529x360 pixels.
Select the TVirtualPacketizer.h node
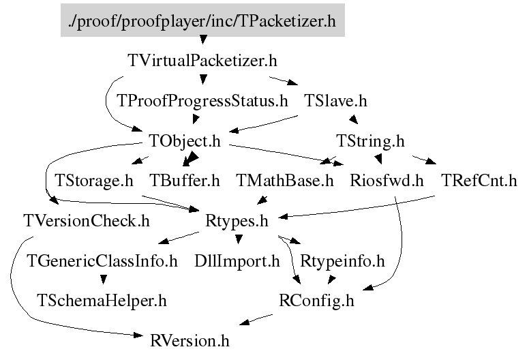tap(202, 60)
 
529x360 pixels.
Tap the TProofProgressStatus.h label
tap(202, 101)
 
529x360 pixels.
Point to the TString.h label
tap(371, 141)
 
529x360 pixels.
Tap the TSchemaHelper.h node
tap(102, 299)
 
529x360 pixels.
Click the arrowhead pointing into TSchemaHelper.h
tap(102, 279)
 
